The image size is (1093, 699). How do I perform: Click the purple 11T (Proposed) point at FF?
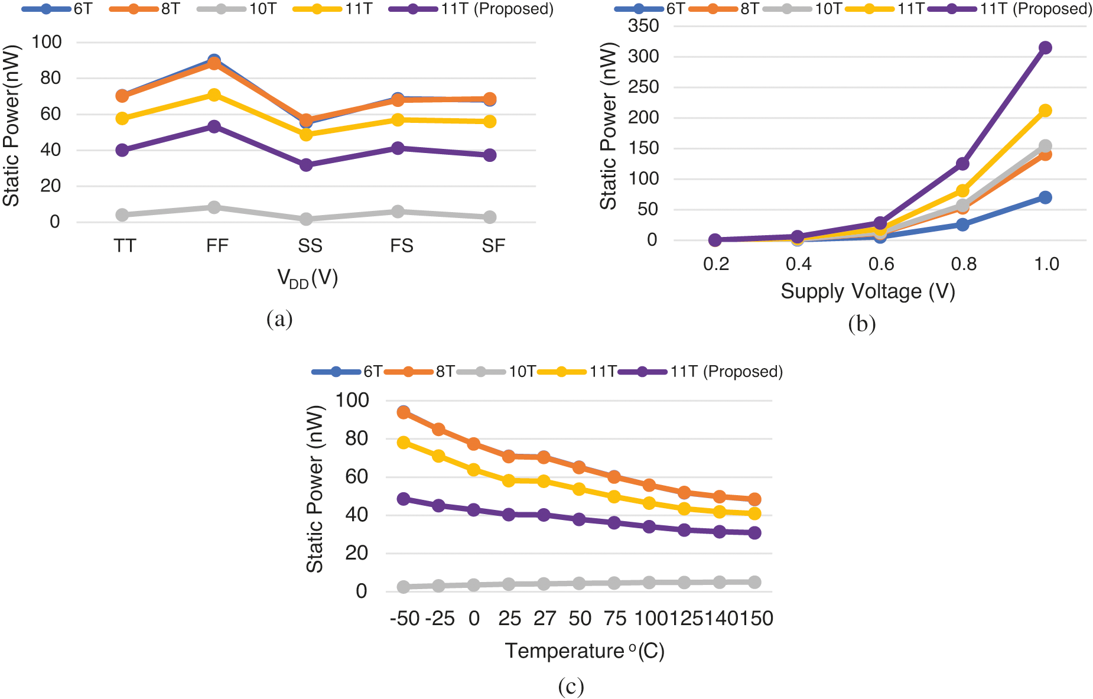[214, 126]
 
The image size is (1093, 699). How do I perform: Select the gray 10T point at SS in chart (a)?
[306, 219]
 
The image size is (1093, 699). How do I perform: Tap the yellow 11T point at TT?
[122, 118]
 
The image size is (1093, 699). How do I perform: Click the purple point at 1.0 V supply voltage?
[1045, 48]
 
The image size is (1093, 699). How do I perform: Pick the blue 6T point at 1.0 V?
[1045, 197]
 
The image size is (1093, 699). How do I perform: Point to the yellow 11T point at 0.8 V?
[962, 191]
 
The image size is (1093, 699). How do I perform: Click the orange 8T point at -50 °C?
[404, 412]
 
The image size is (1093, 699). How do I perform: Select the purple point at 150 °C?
[754, 533]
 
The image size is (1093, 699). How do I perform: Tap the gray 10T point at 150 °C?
[754, 582]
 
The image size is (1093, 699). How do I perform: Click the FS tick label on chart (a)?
[402, 246]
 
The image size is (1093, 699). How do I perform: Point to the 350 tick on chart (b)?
[644, 26]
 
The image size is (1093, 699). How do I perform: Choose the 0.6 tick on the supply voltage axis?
[881, 264]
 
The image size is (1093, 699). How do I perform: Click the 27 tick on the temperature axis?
[544, 619]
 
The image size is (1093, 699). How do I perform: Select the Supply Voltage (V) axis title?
[868, 291]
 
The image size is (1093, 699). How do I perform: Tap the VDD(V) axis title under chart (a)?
[307, 278]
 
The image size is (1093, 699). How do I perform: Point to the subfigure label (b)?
[862, 324]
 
